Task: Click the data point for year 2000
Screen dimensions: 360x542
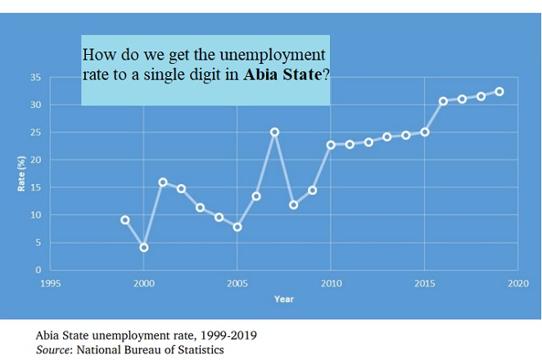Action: coord(144,247)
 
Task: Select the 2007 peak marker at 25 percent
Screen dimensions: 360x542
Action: coord(275,132)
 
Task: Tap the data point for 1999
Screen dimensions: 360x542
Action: coord(125,220)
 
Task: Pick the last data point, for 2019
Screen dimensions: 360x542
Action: coord(499,92)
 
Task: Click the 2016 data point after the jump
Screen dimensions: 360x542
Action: coord(443,101)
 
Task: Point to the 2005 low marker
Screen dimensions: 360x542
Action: coord(237,227)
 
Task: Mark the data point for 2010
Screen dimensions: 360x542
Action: coord(331,145)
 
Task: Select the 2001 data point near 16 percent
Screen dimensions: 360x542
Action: coord(163,182)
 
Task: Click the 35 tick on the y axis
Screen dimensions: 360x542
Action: coord(34,77)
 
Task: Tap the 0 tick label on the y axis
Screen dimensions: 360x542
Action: coord(38,270)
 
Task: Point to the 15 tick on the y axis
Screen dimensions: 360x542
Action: coord(34,187)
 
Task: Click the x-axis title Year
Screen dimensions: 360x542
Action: coord(283,299)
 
